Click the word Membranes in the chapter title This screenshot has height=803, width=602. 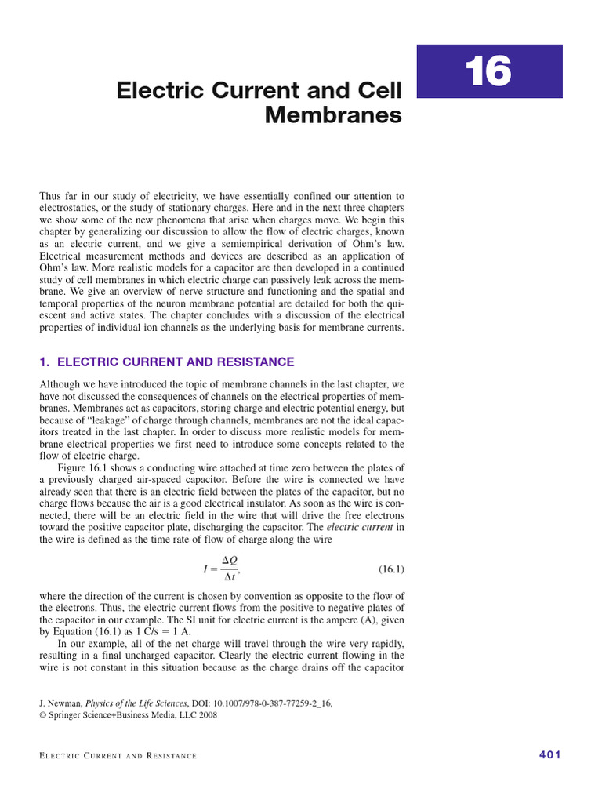click(333, 116)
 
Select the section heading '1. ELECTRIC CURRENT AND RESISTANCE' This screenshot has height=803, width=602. click(166, 362)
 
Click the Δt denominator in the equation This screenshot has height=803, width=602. click(230, 576)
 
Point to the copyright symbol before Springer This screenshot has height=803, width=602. click(42, 715)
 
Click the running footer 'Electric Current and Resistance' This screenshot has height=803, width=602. click(118, 756)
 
